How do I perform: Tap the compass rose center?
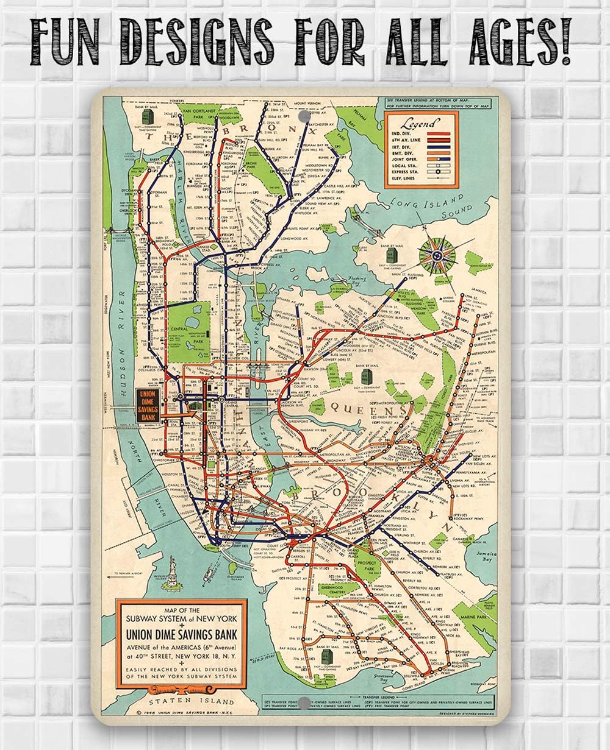pyautogui.click(x=438, y=252)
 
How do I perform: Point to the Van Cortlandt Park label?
pyautogui.click(x=198, y=111)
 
